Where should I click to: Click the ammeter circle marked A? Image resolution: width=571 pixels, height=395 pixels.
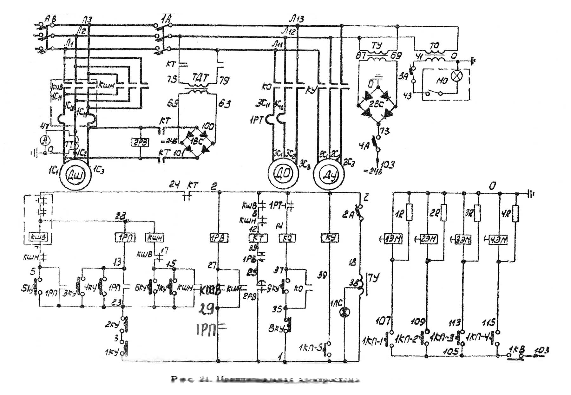click(46, 140)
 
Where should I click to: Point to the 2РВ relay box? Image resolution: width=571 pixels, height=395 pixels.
click(140, 142)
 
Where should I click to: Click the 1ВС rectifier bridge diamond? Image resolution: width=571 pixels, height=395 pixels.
click(197, 141)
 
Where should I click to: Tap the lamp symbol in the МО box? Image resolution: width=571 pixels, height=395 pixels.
click(457, 76)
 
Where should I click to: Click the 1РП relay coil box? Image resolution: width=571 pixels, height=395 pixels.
click(124, 237)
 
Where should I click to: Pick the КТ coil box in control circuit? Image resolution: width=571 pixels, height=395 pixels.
click(258, 238)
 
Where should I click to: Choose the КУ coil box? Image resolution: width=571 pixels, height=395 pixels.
click(330, 238)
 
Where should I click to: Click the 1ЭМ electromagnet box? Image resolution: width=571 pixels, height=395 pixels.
click(393, 239)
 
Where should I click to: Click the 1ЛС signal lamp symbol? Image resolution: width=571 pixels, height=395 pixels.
click(345, 312)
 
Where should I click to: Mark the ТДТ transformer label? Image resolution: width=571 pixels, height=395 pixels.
click(200, 77)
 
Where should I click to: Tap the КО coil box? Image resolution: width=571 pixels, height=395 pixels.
click(287, 238)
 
